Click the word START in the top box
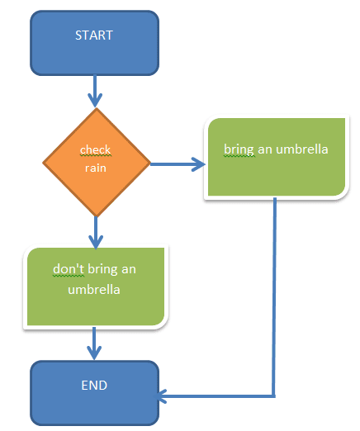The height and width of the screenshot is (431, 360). point(94,36)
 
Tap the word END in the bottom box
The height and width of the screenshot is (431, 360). point(94,386)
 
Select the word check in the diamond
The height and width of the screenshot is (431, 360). point(95,150)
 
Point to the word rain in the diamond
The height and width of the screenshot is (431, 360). point(96,168)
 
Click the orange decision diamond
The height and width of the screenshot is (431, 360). point(97,163)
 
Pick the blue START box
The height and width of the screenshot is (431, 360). point(94,43)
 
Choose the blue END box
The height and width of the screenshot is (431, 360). point(94,393)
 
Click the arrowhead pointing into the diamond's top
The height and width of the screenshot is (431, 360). point(95,101)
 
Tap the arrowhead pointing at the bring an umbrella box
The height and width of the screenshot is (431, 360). point(199,164)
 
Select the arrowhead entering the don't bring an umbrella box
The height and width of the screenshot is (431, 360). point(96,242)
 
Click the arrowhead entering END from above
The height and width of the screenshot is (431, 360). point(94,353)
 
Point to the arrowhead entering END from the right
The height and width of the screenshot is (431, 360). point(162,396)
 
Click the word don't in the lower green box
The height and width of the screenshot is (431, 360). point(69,269)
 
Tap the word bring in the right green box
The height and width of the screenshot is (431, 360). point(239,150)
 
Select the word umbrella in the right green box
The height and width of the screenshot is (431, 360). point(302,149)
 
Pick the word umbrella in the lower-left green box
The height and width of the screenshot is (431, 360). point(94,290)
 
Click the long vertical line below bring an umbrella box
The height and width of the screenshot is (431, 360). point(274,296)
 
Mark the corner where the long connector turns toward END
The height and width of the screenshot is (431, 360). point(274,396)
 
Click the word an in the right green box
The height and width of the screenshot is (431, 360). point(265,150)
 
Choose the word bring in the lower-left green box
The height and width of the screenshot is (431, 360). point(102,270)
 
